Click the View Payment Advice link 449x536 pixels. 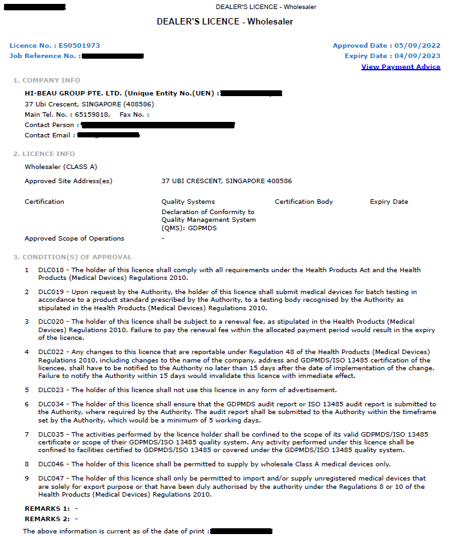[401, 67]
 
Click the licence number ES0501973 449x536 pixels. [79, 46]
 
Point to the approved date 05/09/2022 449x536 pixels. [419, 46]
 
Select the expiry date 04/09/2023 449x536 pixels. [419, 56]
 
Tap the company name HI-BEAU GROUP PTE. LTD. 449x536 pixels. [72, 94]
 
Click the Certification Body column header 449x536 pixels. [303, 202]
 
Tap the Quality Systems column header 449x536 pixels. [188, 202]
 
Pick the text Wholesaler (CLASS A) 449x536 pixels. [61, 167]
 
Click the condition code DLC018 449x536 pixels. [51, 270]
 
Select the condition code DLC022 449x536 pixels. [51, 352]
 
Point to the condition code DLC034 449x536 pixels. [51, 404]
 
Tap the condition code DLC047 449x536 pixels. [51, 479]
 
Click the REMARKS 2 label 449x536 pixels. [46, 519]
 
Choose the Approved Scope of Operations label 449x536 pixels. [74, 239]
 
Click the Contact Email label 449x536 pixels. [48, 135]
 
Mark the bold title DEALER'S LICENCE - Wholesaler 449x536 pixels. [225, 22]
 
